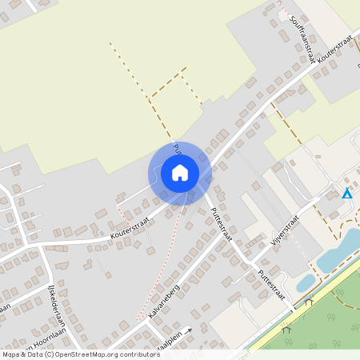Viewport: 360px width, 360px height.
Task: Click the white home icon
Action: (x=180, y=173)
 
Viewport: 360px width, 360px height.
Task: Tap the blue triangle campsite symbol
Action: (x=346, y=193)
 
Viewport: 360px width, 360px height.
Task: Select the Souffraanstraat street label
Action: (x=304, y=33)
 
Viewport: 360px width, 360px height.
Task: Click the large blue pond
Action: (x=337, y=251)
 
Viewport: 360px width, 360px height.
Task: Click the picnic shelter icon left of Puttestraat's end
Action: (x=286, y=328)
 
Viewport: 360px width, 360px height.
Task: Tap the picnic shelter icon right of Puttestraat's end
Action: (x=308, y=302)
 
